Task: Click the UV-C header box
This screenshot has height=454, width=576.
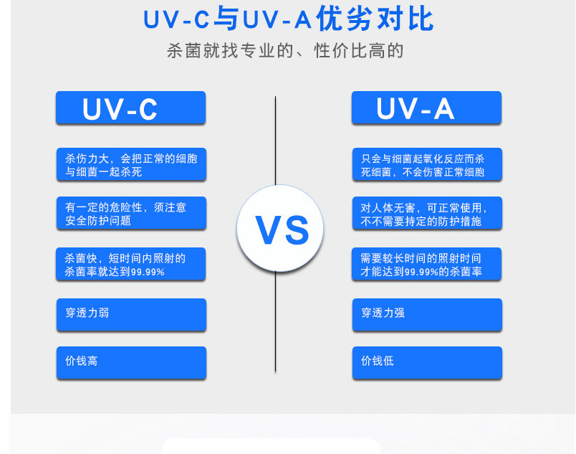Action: click(x=130, y=108)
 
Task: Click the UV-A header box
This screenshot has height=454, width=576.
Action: click(x=426, y=108)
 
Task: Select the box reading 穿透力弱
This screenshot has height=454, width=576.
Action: click(x=131, y=314)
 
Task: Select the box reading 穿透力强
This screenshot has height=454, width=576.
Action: click(x=427, y=314)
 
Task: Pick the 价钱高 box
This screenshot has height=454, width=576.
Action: click(x=131, y=361)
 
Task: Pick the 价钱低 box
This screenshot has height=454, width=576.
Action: click(x=427, y=361)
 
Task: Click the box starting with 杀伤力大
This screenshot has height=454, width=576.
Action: click(x=131, y=165)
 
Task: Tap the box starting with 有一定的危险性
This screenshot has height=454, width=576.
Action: click(x=131, y=214)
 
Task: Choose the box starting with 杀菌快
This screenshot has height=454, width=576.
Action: click(x=131, y=265)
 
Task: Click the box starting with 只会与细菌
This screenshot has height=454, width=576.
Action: click(x=427, y=165)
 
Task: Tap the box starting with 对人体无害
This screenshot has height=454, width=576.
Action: click(x=427, y=214)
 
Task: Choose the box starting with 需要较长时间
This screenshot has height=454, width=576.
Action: click(x=427, y=265)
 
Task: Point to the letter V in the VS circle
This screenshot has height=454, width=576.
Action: click(x=269, y=230)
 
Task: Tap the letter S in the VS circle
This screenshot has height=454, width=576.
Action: click(x=297, y=230)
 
